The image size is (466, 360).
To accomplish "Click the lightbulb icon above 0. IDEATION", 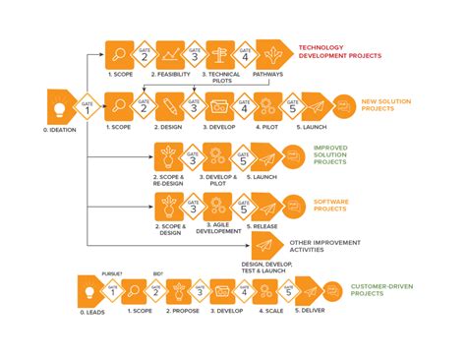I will pos(60,105).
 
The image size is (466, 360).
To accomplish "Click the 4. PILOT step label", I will pos(265,126).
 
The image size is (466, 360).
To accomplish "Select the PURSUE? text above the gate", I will pos(111,273).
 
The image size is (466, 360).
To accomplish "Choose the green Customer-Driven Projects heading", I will pos(377,290).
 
